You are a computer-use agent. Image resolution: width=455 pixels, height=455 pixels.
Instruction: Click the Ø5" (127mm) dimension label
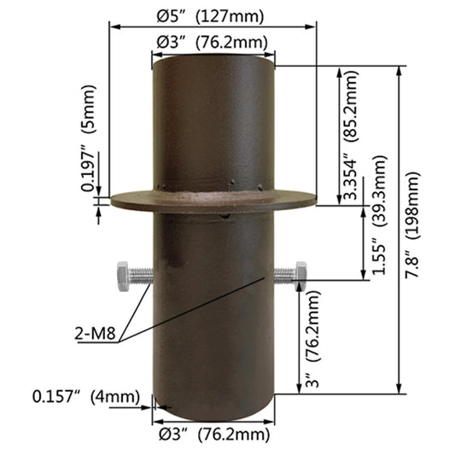pyautogui.click(x=212, y=15)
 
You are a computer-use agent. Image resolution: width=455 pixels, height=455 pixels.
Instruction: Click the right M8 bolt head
pyautogui.click(x=300, y=274)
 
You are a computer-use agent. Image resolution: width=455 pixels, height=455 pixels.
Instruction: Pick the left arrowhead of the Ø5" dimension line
pyautogui.click(x=112, y=26)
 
